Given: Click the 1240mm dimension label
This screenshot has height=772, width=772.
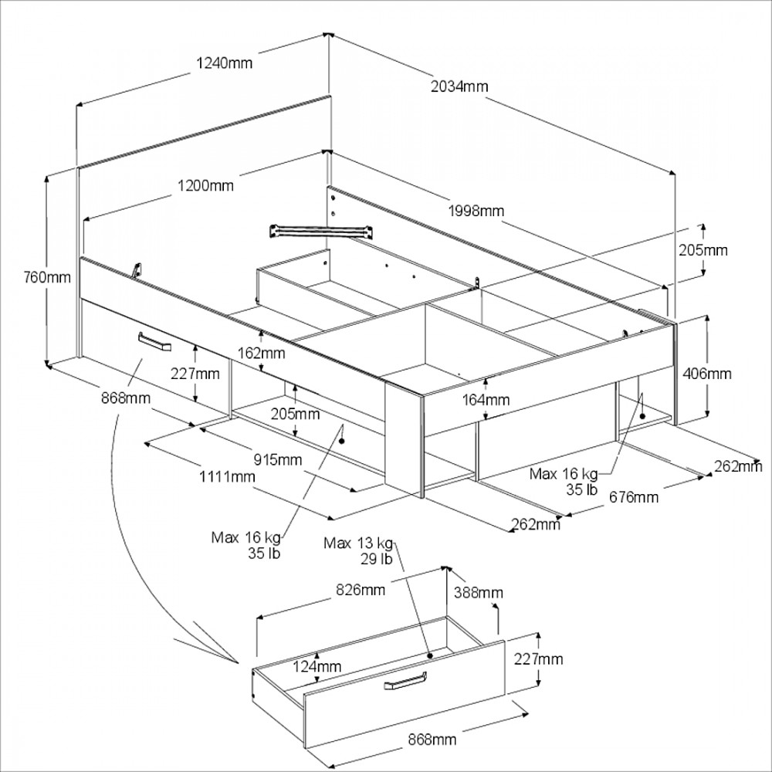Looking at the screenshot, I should click(x=224, y=63).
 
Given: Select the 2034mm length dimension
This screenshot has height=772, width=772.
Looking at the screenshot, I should click(x=460, y=86).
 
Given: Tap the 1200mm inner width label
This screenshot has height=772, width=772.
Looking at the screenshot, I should click(x=205, y=185).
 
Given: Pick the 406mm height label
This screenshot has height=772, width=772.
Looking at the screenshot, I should click(x=707, y=374).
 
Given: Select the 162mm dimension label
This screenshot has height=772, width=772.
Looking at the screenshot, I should click(x=261, y=354).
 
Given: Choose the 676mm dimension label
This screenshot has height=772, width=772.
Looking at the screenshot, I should click(x=634, y=497).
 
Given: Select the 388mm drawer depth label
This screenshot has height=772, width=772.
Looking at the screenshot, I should click(x=479, y=593).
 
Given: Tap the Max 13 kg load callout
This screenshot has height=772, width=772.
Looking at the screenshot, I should click(x=359, y=543).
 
